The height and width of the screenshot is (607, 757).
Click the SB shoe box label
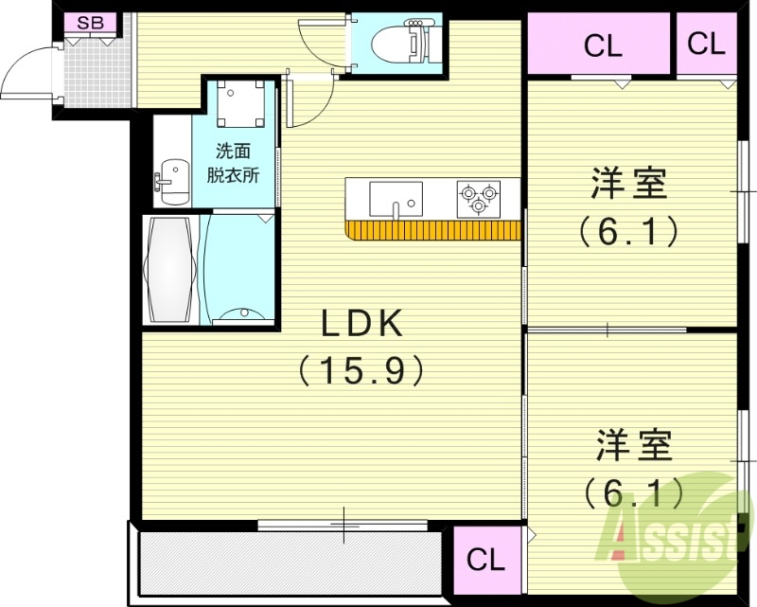[91, 22]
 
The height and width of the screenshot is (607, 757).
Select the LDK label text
[363, 325]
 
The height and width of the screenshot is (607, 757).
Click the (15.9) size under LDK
[361, 369]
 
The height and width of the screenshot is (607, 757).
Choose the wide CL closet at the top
[602, 45]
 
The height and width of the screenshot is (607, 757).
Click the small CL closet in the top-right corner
[706, 44]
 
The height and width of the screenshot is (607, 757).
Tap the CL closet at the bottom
[486, 560]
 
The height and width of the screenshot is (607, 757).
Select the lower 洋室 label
[633, 445]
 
